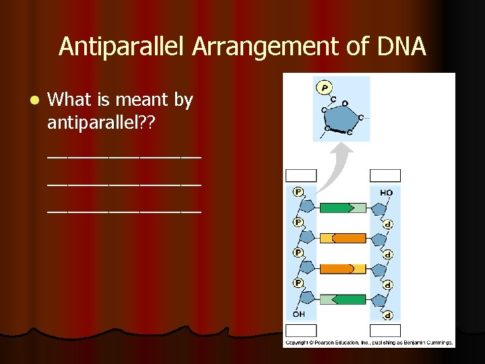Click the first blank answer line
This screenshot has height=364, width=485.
pyautogui.click(x=124, y=158)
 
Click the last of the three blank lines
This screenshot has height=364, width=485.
pyautogui.click(x=124, y=211)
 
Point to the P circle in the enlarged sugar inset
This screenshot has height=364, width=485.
pyautogui.click(x=325, y=88)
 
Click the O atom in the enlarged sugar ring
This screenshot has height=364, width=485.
pyautogui.click(x=344, y=103)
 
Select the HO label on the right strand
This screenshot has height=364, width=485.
pyautogui.click(x=386, y=193)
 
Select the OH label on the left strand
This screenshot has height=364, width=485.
pyautogui.click(x=298, y=314)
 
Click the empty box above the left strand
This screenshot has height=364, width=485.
pyautogui.click(x=300, y=176)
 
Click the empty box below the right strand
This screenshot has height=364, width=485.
pyautogui.click(x=385, y=330)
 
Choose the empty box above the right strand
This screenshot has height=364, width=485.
pyautogui.click(x=385, y=176)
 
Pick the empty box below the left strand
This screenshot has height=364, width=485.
pyautogui.click(x=300, y=330)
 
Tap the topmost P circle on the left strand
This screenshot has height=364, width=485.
pyautogui.click(x=298, y=192)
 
